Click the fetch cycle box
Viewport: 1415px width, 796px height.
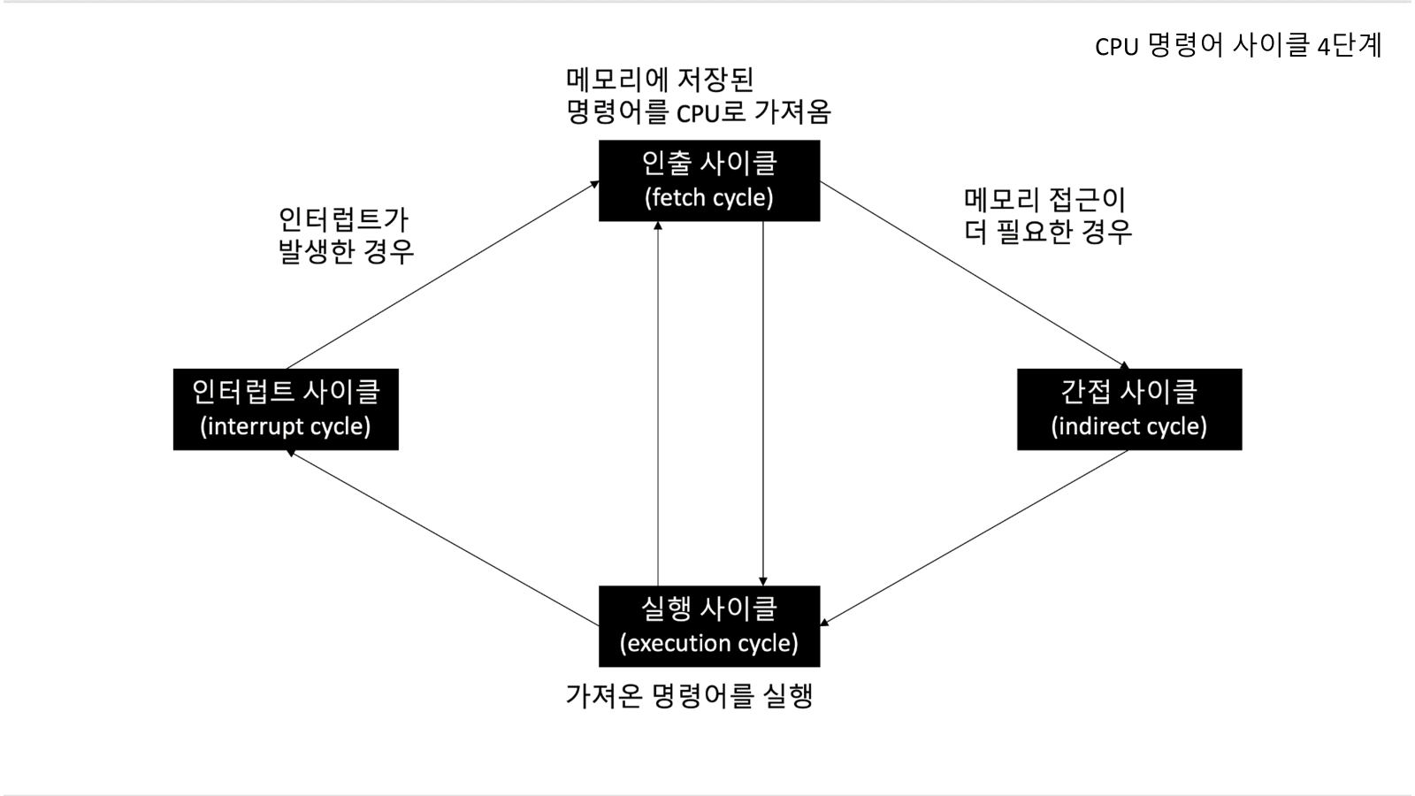point(708,180)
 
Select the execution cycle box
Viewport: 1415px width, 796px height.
point(708,625)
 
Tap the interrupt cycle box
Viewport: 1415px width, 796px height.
point(286,409)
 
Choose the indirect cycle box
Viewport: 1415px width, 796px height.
point(1128,409)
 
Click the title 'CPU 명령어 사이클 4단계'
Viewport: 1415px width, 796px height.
point(1238,45)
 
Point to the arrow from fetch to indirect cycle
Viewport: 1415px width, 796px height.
point(973,273)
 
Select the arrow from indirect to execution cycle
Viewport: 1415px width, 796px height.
point(973,539)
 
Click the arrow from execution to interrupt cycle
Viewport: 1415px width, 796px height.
point(442,539)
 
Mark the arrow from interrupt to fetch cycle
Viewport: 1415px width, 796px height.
point(442,273)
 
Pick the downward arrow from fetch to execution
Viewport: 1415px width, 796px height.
point(763,402)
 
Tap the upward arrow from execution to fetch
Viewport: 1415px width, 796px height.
point(658,402)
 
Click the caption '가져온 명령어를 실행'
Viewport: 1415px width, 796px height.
point(689,695)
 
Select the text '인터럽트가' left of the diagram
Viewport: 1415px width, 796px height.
point(344,219)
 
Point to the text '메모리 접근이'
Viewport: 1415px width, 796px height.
point(1044,200)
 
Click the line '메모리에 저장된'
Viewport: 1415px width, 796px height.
point(660,80)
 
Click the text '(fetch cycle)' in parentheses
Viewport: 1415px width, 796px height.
point(708,197)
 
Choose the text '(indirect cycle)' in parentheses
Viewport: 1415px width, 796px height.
point(1128,426)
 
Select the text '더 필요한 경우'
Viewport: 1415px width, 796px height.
point(1048,232)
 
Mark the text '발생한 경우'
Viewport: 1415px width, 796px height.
point(346,251)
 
